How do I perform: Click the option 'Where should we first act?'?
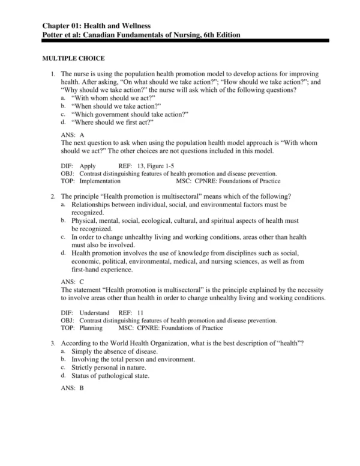113,122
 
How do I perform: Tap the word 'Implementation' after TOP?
99,181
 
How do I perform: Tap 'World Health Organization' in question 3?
155,342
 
